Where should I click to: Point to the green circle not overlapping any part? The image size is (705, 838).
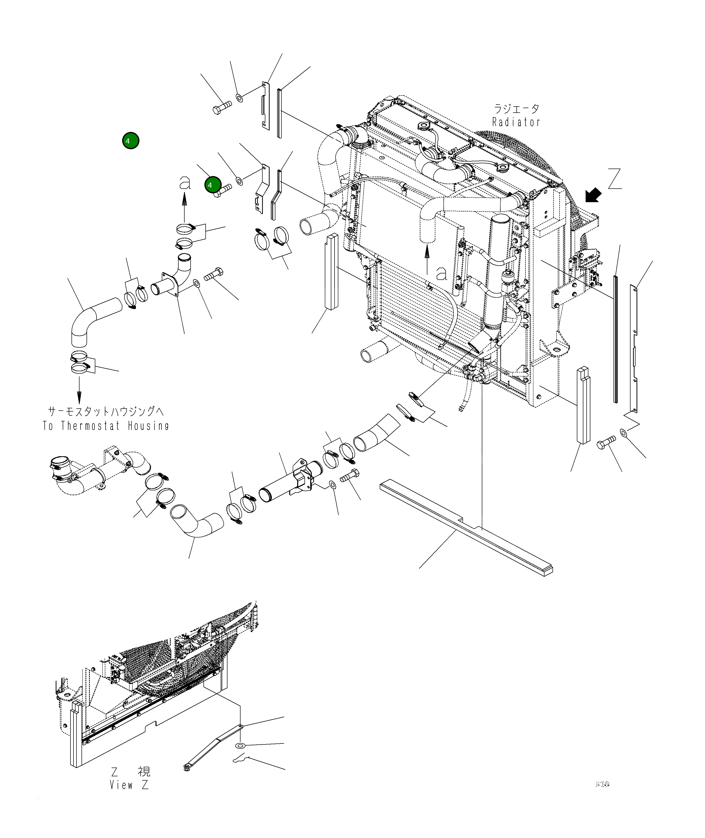pyautogui.click(x=131, y=141)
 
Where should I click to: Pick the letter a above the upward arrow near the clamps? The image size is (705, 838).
pyautogui.click(x=185, y=183)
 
